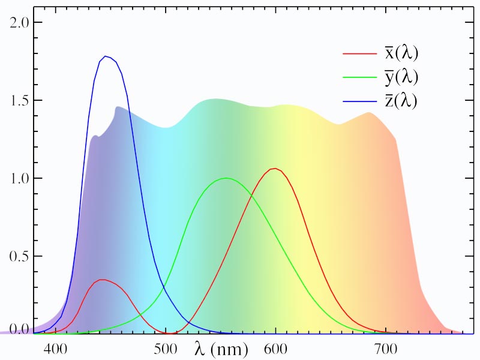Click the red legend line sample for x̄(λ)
[359, 53]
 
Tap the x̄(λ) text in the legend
[401, 53]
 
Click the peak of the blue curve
[106, 56]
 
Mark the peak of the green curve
[226, 178]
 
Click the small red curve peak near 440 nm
[103, 280]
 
